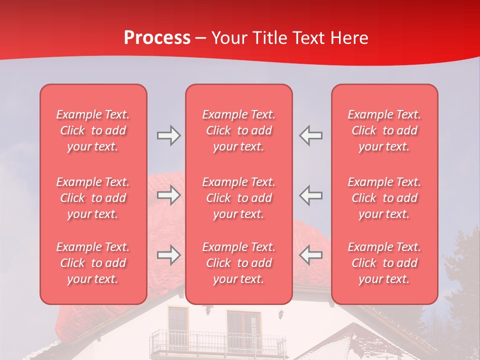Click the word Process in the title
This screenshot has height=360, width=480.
157,38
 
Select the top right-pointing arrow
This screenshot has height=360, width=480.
168,135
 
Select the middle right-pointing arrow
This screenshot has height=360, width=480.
168,195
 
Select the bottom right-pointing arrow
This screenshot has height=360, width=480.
168,255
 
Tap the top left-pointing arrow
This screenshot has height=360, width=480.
311,135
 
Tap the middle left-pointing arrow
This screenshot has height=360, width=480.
311,195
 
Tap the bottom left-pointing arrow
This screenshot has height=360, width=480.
311,255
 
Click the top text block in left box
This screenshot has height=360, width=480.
93,130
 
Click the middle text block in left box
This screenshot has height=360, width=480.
93,198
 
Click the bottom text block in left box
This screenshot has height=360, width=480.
93,263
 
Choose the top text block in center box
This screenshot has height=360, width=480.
239,130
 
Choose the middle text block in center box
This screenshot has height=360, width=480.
239,198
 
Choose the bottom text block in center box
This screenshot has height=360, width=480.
239,263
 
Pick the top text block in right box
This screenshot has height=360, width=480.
384,130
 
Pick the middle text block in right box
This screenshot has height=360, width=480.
384,198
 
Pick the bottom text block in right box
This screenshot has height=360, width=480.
384,263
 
